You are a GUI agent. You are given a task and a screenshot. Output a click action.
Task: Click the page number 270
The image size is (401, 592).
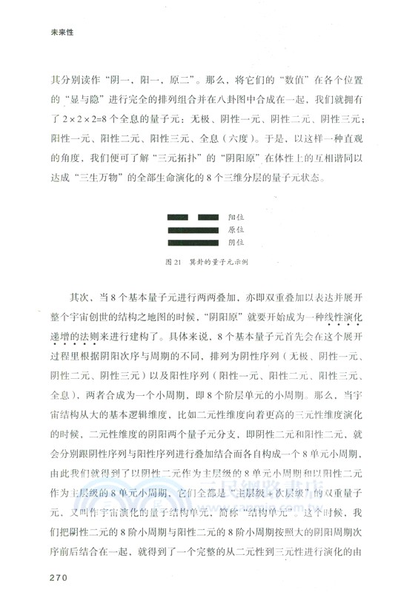(58, 576)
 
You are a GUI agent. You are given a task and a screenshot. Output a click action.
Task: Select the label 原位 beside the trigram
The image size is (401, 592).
(236, 230)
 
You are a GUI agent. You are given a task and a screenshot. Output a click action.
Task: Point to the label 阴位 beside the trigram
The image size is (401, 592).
(236, 242)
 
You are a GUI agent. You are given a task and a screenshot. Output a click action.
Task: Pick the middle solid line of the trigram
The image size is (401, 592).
(193, 230)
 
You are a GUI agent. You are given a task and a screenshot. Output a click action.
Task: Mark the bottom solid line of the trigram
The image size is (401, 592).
(193, 242)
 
